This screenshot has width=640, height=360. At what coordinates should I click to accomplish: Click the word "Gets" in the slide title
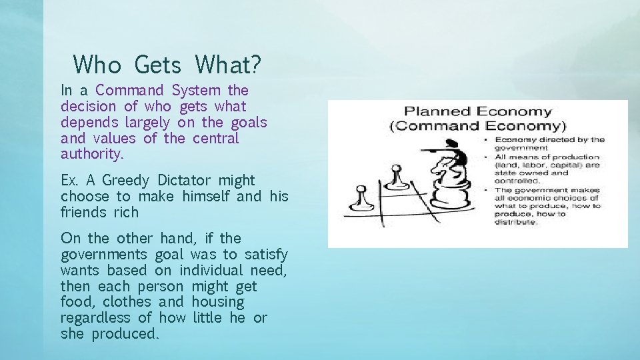[157, 65]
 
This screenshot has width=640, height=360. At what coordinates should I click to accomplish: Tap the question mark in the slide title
[255, 65]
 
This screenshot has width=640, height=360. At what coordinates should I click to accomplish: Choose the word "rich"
[126, 213]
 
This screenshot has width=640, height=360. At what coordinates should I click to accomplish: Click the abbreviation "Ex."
[69, 180]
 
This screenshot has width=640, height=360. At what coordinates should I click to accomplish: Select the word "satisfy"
[266, 254]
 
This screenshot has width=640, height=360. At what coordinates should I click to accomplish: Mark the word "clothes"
[128, 302]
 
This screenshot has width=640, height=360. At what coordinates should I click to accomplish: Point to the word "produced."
[125, 334]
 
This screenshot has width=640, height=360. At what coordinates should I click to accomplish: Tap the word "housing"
[218, 302]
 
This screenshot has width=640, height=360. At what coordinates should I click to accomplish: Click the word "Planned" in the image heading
[436, 111]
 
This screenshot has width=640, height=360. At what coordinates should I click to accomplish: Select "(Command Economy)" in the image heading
[477, 125]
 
